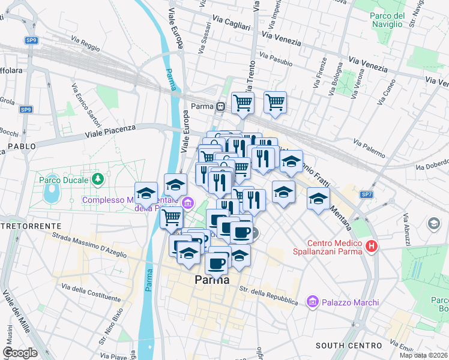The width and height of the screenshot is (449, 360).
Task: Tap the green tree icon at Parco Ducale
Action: pyautogui.click(x=97, y=179)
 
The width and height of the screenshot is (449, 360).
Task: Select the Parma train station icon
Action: pyautogui.click(x=221, y=107)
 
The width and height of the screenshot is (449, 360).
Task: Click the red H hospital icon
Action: pyautogui.click(x=372, y=246)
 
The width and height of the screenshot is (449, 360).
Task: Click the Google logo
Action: pyautogui.click(x=20, y=353)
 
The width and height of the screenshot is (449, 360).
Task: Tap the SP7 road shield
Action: pyautogui.click(x=367, y=195)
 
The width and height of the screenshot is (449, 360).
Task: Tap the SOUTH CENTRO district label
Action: pyautogui.click(x=349, y=346)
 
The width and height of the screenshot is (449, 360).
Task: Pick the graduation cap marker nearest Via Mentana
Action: pyautogui.click(x=319, y=199)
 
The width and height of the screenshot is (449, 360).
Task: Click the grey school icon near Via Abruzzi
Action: pyautogui.click(x=433, y=224)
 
